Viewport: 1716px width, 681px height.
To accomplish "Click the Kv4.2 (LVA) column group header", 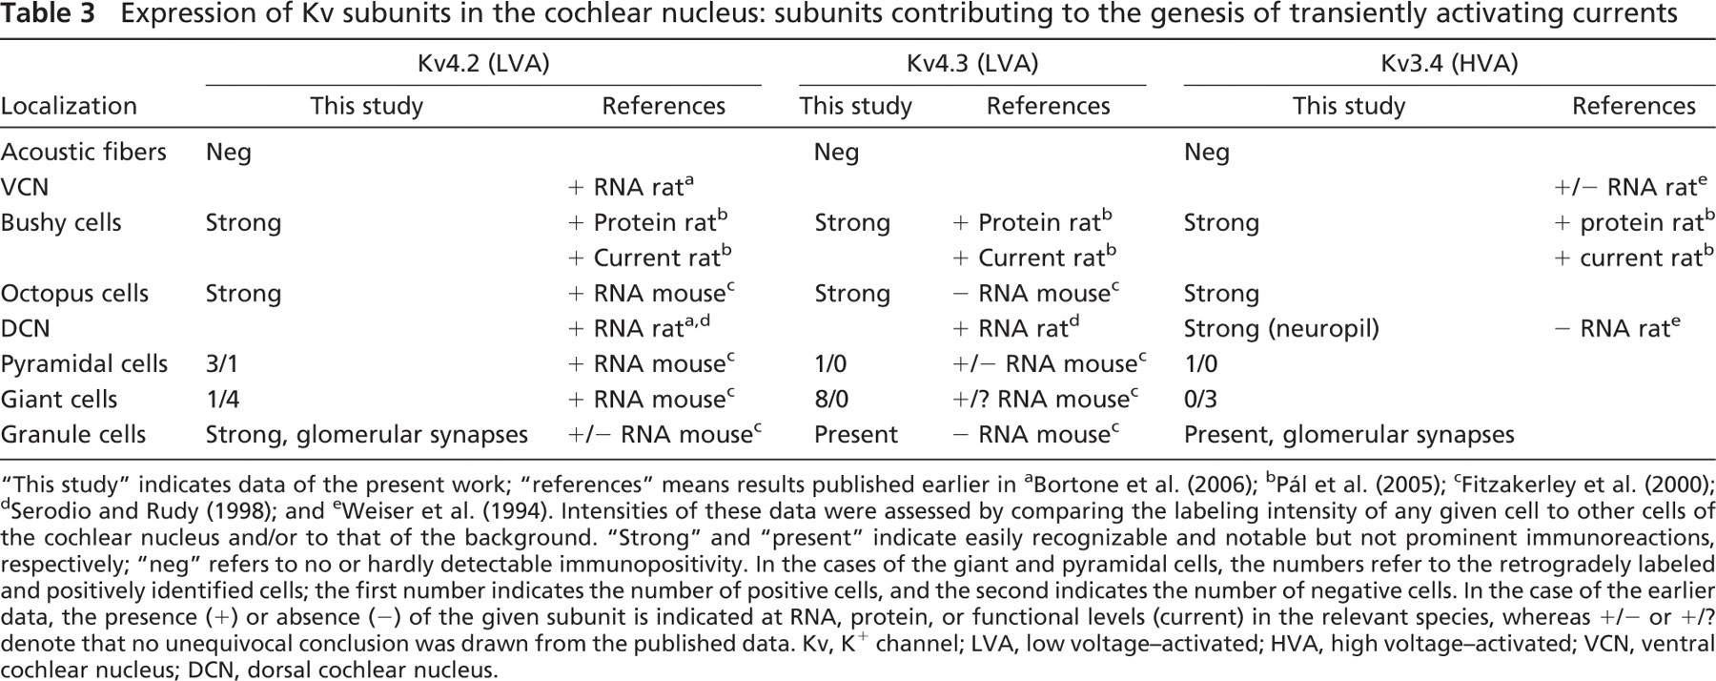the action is coord(483,64).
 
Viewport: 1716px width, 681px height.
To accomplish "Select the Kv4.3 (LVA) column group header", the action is coord(972,64).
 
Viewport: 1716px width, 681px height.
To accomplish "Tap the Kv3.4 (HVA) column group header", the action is coord(1449,64).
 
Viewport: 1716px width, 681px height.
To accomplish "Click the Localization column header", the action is coord(69,106).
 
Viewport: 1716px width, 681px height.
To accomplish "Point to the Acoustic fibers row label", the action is coord(83,152).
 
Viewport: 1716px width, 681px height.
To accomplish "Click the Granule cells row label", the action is coord(73,434).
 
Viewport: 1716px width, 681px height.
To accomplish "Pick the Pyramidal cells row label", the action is coord(84,363).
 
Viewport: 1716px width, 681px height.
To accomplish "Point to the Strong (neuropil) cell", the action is coord(1281,328).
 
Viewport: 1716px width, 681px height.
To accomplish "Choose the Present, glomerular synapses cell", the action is coord(1349,434).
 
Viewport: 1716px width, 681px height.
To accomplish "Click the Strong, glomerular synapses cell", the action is coord(367,434).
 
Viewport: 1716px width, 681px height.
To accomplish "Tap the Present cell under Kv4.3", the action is coord(856,434).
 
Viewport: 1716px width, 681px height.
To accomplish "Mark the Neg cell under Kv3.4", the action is coord(1207,152).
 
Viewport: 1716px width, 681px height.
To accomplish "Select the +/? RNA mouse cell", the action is coord(1047,399).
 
